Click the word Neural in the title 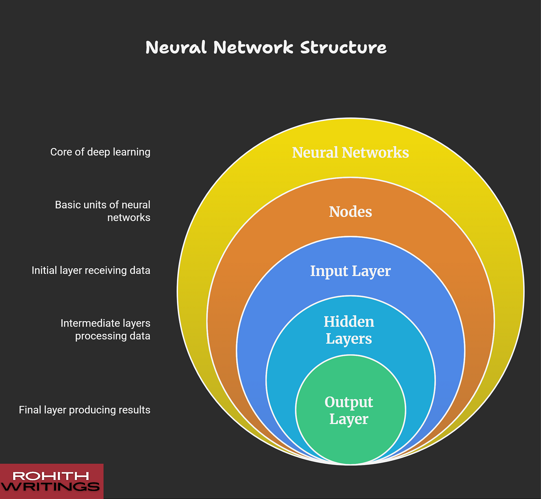point(176,48)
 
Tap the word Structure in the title point(343,48)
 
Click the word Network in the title point(253,48)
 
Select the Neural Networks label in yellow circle point(350,152)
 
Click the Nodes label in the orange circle point(350,212)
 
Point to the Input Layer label point(350,271)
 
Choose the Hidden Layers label point(349,330)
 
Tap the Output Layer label point(349,410)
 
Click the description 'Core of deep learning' point(100,152)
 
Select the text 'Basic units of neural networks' point(103,211)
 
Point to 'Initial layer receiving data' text point(91,271)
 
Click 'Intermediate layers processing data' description point(105,329)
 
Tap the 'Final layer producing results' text point(85,410)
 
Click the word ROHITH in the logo point(51,476)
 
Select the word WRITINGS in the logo point(50,487)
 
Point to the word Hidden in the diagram point(349,322)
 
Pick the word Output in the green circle point(349,402)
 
